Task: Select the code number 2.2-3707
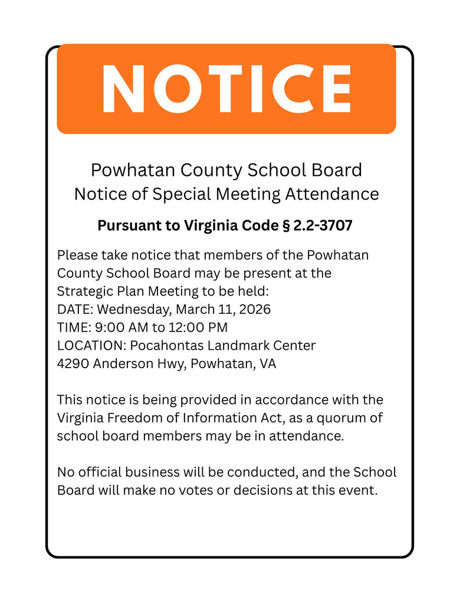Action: coord(324,226)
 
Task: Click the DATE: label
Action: coord(75,309)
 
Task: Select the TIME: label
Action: coord(74,327)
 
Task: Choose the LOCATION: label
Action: coord(91,345)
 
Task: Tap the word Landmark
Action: coord(229,345)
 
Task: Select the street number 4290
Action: coord(73,363)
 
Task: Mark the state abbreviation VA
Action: coord(267,363)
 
